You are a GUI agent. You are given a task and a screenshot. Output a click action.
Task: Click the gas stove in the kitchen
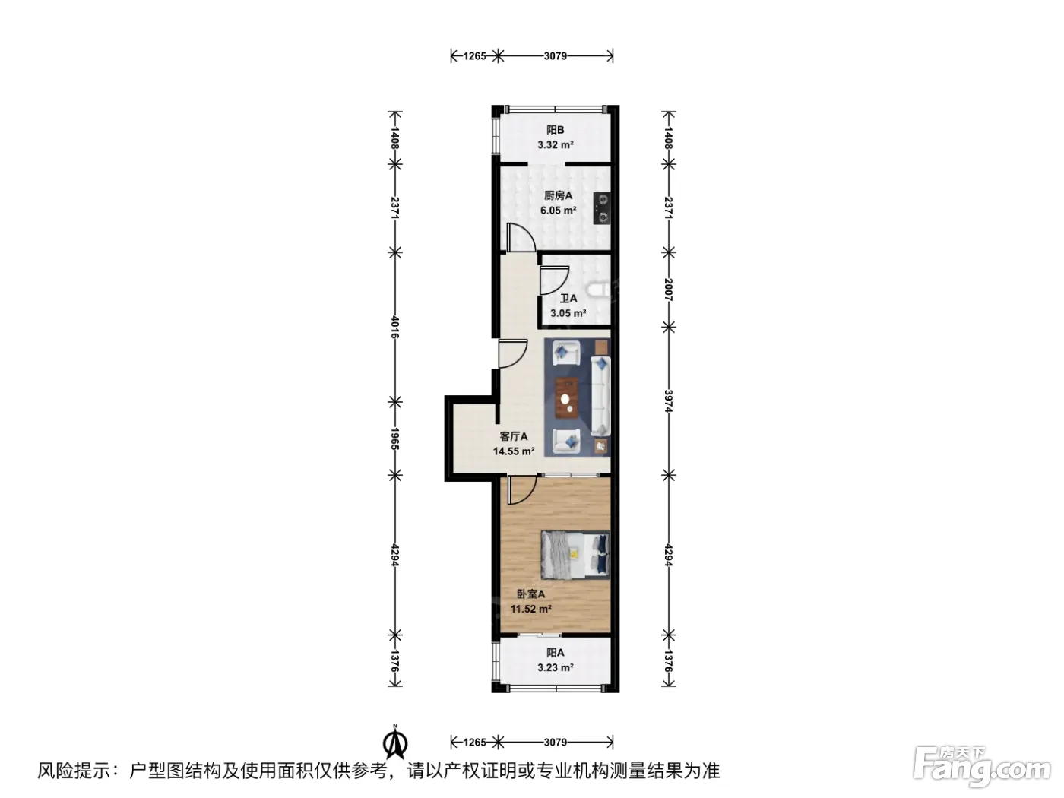tap(601, 207)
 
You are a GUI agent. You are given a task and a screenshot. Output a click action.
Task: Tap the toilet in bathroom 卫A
tap(597, 290)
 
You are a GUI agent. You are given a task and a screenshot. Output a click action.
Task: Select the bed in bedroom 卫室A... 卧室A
tap(575, 555)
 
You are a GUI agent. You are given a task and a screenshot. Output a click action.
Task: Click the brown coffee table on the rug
tap(566, 397)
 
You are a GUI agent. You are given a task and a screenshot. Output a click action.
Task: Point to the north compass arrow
tap(395, 746)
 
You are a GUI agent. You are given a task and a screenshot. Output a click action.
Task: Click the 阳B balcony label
tap(555, 130)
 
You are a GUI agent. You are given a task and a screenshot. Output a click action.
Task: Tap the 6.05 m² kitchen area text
tap(558, 211)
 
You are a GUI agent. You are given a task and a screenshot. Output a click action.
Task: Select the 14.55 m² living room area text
tap(513, 451)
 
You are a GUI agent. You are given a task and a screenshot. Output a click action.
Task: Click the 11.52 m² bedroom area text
tap(530, 609)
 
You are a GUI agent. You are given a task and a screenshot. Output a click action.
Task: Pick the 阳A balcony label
tap(555, 653)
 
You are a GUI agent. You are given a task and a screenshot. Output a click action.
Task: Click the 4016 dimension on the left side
tap(395, 327)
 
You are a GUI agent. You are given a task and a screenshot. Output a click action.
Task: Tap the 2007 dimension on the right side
tap(669, 290)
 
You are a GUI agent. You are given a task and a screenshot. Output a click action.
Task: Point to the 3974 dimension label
tap(669, 401)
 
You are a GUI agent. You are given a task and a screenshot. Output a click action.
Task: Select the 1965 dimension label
tap(395, 439)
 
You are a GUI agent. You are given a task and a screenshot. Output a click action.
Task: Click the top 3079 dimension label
tap(555, 56)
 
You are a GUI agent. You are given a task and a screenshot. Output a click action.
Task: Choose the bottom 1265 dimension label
tap(474, 743)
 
